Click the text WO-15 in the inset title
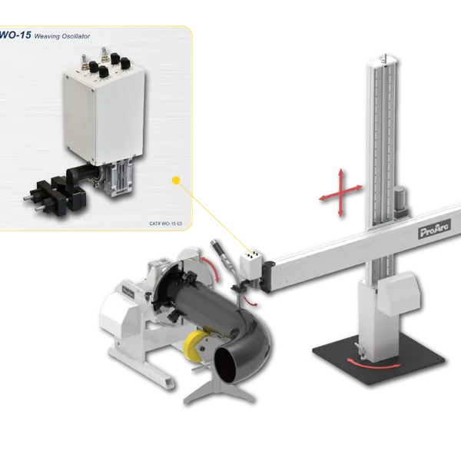pos(16,35)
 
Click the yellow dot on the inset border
pos(177,181)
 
